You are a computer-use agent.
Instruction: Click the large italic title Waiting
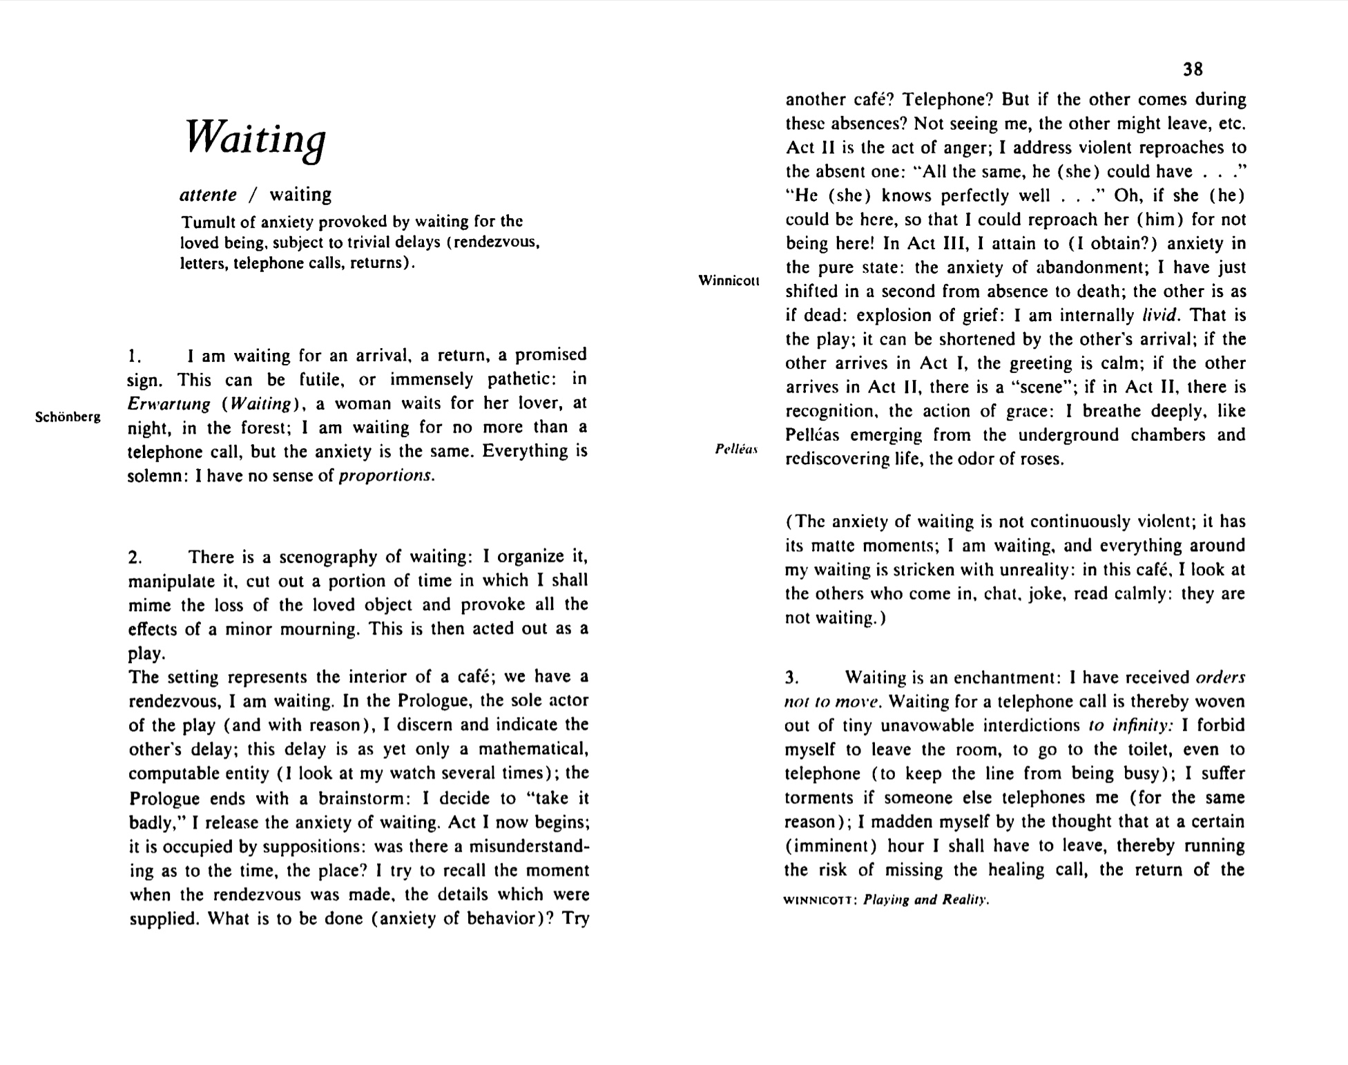coord(256,138)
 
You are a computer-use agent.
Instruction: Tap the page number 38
coord(1193,69)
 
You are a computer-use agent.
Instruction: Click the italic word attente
coord(208,195)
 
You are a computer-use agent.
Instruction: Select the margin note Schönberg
coord(68,417)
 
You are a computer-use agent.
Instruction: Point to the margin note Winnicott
coord(729,280)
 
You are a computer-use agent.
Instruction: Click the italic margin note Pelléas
coord(736,449)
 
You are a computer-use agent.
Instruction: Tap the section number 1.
coord(135,357)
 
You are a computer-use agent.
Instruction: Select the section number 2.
coord(135,557)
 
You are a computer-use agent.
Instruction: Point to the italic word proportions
coord(386,476)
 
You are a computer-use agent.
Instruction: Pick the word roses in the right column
coord(1043,459)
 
